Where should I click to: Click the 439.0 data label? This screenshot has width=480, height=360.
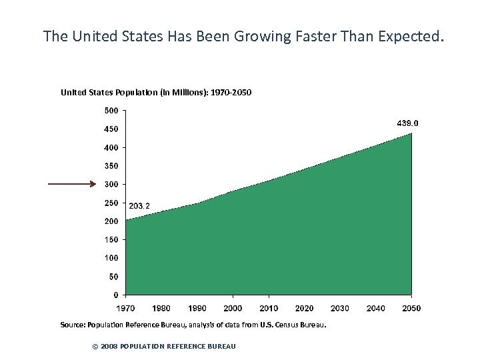[408, 123]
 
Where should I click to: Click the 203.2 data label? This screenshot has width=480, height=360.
[139, 205]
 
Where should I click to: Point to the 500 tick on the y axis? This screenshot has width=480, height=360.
[111, 110]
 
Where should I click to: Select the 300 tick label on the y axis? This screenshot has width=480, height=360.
[111, 184]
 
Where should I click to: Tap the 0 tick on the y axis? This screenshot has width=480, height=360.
[116, 295]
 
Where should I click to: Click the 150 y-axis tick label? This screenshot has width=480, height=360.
[111, 239]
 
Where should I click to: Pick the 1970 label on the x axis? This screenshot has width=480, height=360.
[125, 308]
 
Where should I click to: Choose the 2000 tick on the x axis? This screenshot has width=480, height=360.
[233, 308]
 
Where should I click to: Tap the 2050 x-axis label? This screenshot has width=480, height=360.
[411, 308]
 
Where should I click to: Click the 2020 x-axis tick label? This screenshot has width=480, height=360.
[304, 308]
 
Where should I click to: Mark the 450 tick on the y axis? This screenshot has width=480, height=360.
[111, 129]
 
